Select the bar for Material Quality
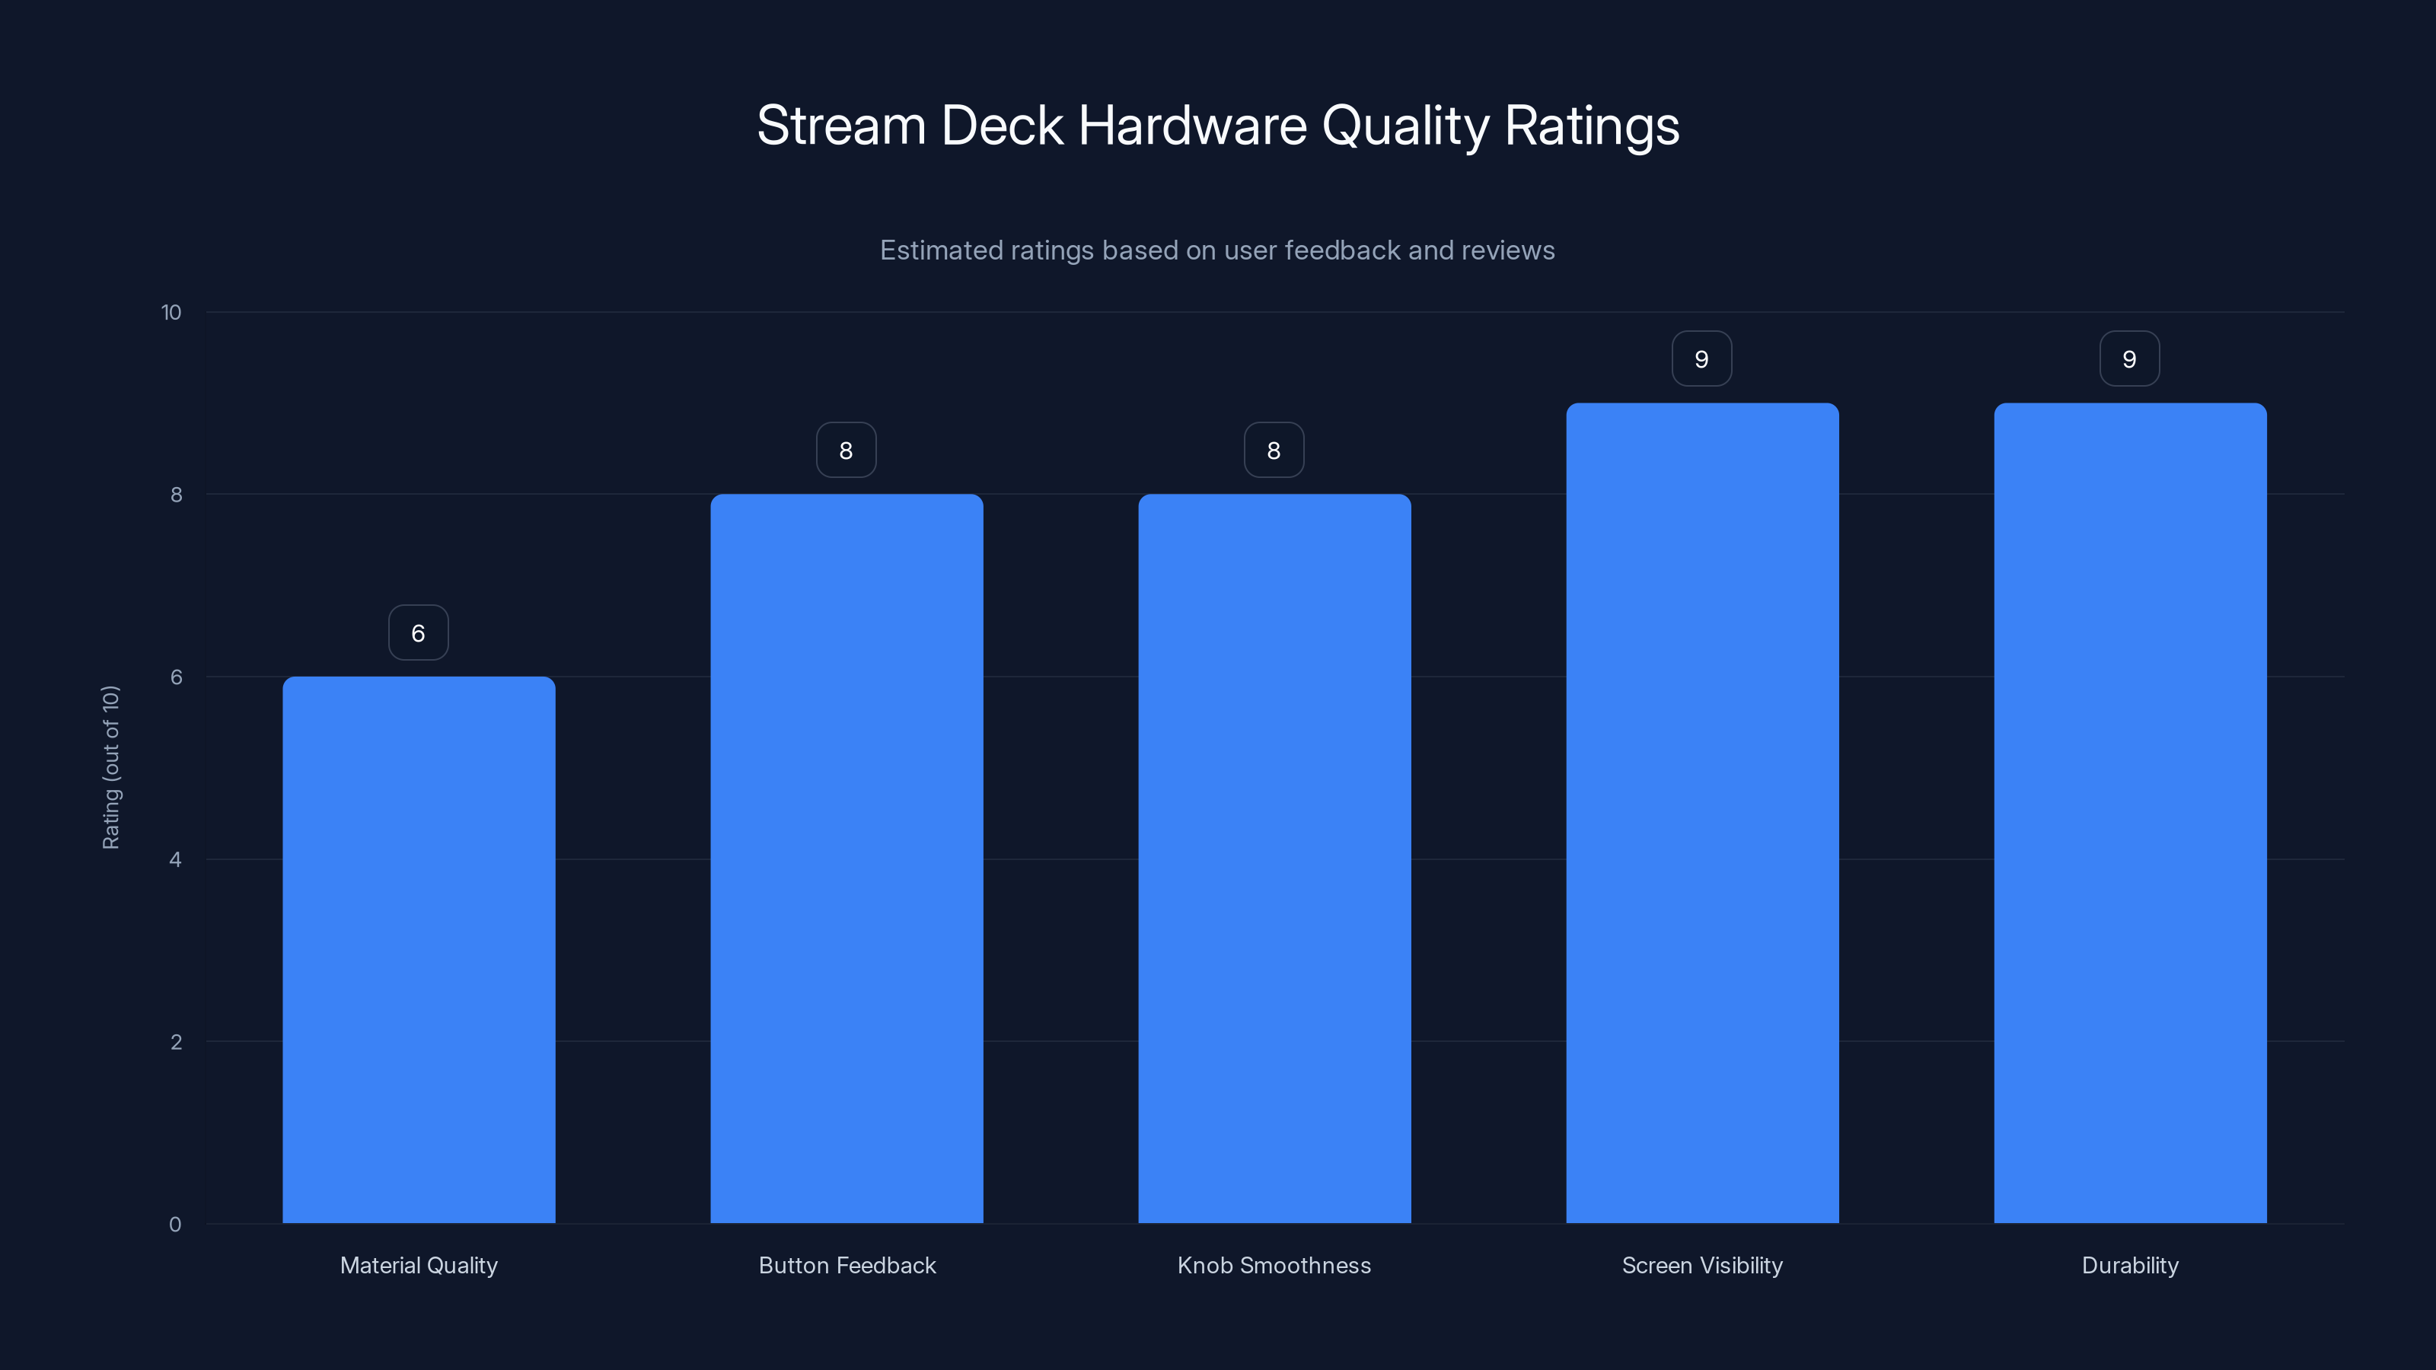pyautogui.click(x=418, y=949)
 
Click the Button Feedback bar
pyautogui.click(x=847, y=859)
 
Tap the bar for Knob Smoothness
pyautogui.click(x=1274, y=859)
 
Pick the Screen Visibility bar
pyautogui.click(x=1702, y=813)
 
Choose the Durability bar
pyautogui.click(x=2130, y=813)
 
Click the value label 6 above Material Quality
pyautogui.click(x=418, y=632)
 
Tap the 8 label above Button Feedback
pyautogui.click(x=847, y=450)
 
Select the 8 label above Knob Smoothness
pyautogui.click(x=1274, y=450)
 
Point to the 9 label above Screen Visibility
pyautogui.click(x=1701, y=358)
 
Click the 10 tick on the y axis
pyautogui.click(x=171, y=312)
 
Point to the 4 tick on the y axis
pyautogui.click(x=175, y=859)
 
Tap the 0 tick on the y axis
pyautogui.click(x=175, y=1225)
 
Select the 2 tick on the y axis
pyautogui.click(x=175, y=1042)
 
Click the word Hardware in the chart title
pyautogui.click(x=1192, y=126)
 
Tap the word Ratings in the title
pyautogui.click(x=1592, y=126)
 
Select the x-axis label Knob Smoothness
pyautogui.click(x=1274, y=1265)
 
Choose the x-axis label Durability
pyautogui.click(x=2130, y=1265)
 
